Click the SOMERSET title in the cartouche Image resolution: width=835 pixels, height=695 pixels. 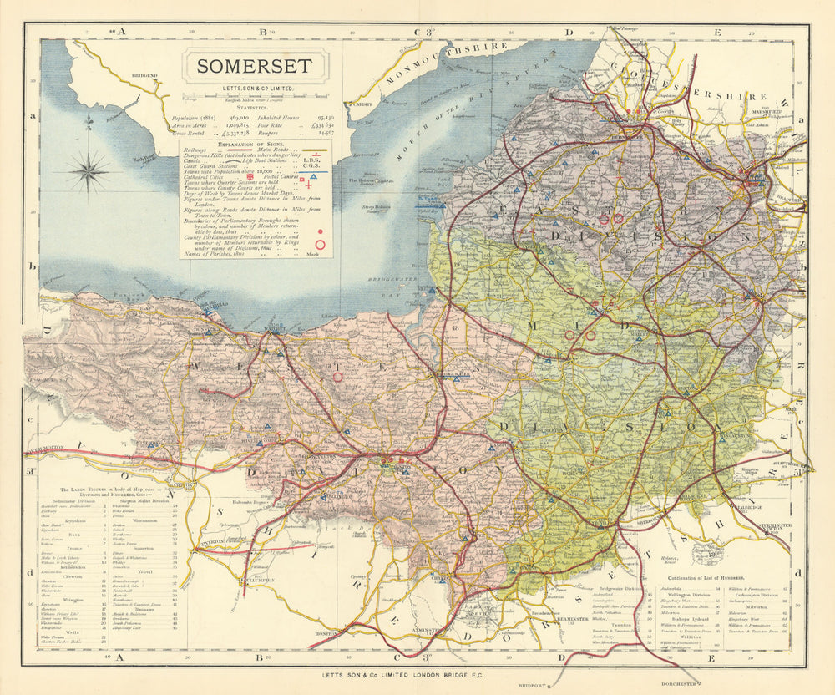click(x=256, y=67)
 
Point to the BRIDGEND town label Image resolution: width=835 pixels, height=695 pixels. click(x=144, y=76)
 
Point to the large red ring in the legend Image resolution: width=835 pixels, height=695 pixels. click(x=320, y=245)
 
